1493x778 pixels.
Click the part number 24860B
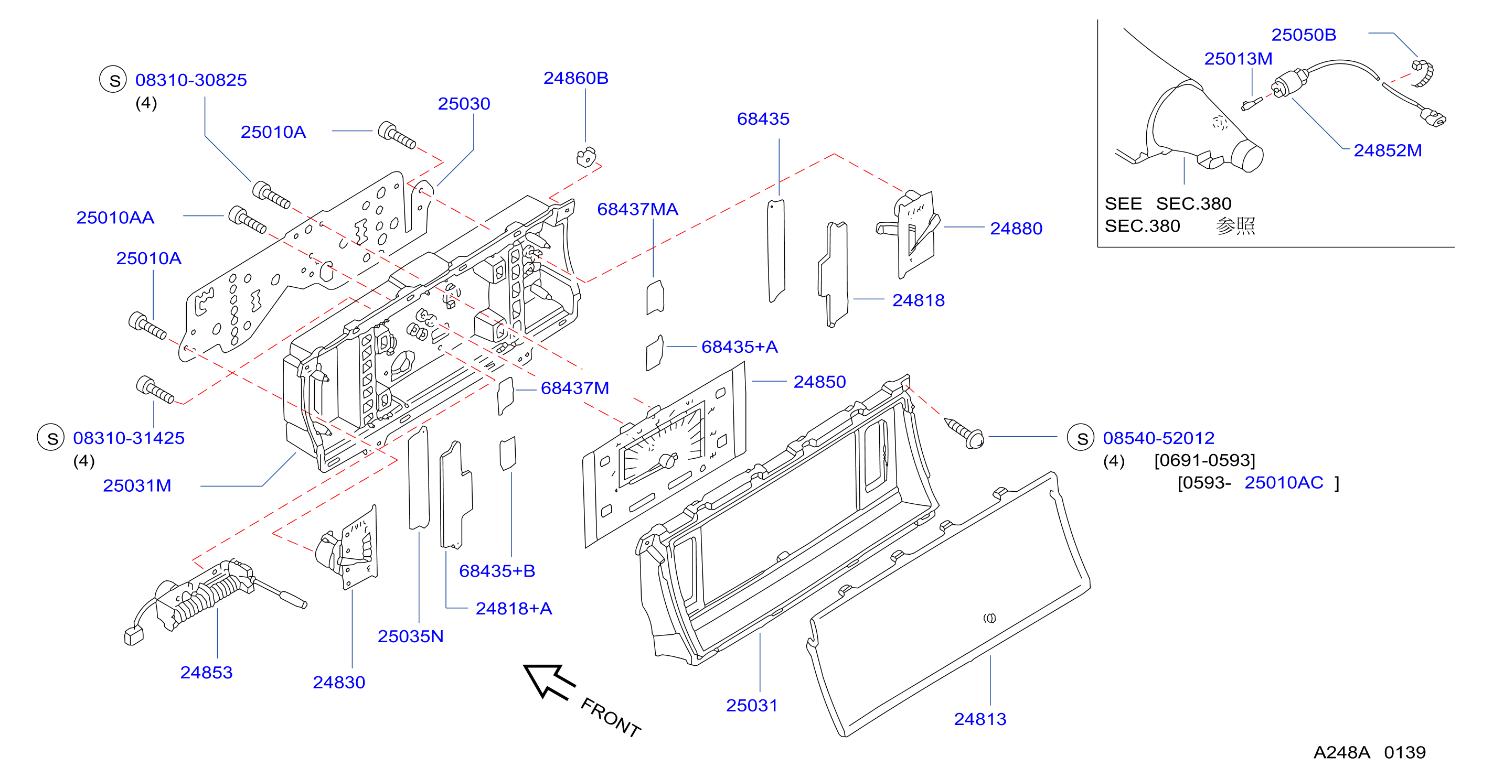(575, 78)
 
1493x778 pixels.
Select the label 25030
(464, 104)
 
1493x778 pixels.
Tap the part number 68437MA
(637, 209)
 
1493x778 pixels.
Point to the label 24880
(1016, 229)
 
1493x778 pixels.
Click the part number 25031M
(137, 485)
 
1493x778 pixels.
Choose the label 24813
(980, 719)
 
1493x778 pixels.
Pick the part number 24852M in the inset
(1388, 150)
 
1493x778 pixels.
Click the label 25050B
(1304, 35)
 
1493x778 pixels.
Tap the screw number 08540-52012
(1158, 438)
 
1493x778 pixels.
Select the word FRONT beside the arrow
(610, 717)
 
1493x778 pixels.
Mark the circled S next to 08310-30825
(113, 79)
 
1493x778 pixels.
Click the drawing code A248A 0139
(1369, 752)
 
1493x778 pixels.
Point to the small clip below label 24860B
(586, 157)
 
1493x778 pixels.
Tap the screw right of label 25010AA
(248, 220)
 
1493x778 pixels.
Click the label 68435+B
(497, 571)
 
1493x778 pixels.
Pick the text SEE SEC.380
(1167, 204)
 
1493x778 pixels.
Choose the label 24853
(206, 673)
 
